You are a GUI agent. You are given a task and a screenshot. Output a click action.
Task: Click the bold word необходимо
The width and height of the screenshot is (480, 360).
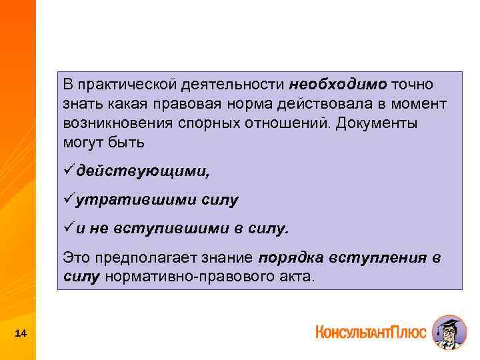tap(338, 85)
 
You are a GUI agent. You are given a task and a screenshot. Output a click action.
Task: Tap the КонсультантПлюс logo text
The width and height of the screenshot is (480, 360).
tap(370, 332)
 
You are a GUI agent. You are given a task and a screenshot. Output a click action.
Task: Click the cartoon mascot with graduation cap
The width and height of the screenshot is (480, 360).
tap(449, 332)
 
